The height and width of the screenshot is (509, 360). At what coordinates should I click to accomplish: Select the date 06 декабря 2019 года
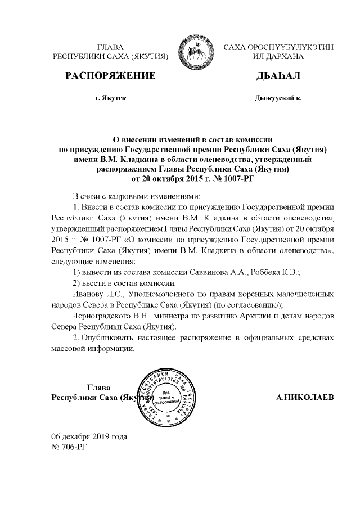click(x=89, y=436)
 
